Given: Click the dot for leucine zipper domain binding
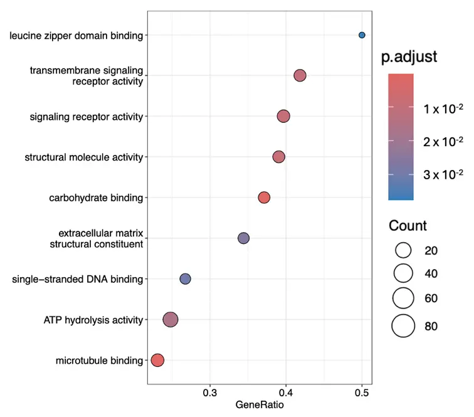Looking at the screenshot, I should [362, 35].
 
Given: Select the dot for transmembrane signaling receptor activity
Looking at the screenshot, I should [300, 76].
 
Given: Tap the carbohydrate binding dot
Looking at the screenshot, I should [264, 198].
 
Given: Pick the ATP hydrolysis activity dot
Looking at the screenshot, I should [171, 320].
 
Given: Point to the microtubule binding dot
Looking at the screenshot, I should [157, 360].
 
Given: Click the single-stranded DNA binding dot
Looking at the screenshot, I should [185, 279].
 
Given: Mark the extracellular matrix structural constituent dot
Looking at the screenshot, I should [244, 238].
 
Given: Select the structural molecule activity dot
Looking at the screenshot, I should [279, 157].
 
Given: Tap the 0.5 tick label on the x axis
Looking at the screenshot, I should [362, 393].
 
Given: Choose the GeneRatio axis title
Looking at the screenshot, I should [260, 406].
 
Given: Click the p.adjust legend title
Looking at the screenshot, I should [409, 57].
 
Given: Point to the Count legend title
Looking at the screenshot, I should [408, 226].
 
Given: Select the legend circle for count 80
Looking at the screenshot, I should [403, 325].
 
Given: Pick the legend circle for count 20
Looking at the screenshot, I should [403, 250].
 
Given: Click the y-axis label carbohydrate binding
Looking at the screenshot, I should [96, 198].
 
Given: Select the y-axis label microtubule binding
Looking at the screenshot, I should [99, 361].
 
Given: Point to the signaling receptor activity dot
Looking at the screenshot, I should [283, 116].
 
